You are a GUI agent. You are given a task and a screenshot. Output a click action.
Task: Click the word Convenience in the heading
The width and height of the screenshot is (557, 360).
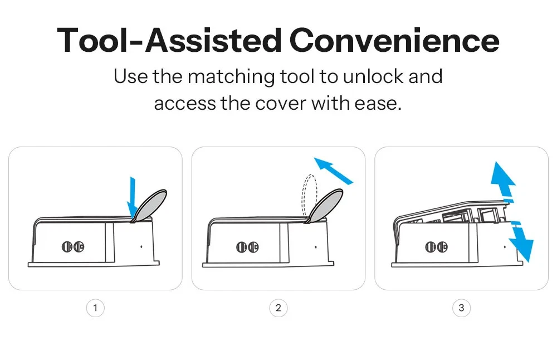(394, 40)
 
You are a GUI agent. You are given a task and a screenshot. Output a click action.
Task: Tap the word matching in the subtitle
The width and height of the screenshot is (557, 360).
(231, 77)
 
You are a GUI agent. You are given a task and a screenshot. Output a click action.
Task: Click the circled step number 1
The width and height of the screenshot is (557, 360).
(95, 308)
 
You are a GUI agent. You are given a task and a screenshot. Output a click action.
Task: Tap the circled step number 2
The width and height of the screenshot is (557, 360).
(278, 308)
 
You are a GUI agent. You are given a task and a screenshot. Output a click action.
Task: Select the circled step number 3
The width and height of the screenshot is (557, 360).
(461, 308)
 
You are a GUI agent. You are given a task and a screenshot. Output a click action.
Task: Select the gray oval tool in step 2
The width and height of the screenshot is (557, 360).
(325, 206)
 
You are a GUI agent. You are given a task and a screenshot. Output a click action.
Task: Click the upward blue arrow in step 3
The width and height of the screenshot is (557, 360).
(503, 179)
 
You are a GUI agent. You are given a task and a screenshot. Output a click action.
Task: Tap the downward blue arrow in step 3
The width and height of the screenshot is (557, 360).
(521, 242)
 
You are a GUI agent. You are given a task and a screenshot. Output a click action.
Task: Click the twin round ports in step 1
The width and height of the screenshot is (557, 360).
(73, 246)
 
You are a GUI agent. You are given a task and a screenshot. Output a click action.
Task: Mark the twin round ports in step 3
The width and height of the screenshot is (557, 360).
(436, 247)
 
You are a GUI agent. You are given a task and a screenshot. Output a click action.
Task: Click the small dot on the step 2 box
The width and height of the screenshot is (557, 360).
(316, 247)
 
